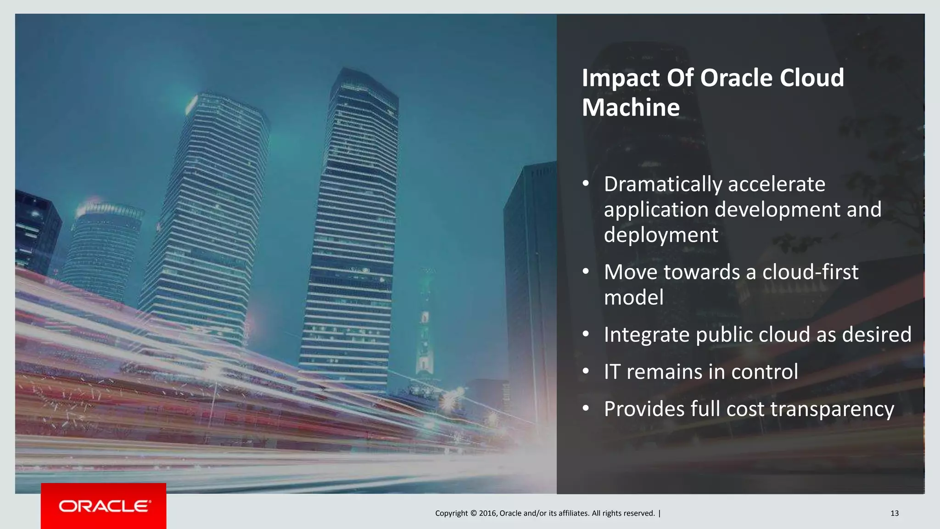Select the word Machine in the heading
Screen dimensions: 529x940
tap(631, 108)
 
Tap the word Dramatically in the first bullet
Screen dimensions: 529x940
tap(662, 185)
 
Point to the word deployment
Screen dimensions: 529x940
tap(660, 235)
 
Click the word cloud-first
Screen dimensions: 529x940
tap(810, 272)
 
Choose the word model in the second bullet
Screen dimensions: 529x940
tap(633, 298)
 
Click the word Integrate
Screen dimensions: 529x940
tap(646, 335)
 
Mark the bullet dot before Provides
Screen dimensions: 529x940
tap(586, 408)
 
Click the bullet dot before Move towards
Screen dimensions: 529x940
tap(586, 271)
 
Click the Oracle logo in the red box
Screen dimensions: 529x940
tap(104, 506)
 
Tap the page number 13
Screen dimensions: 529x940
tap(894, 513)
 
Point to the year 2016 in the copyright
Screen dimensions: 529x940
tap(487, 513)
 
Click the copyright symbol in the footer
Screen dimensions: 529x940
tap(473, 513)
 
